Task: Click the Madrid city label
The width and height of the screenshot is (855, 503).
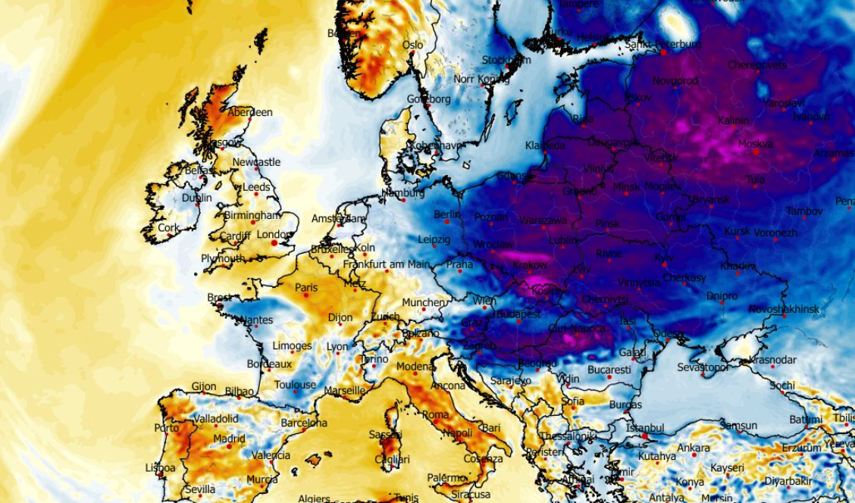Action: pos(229,439)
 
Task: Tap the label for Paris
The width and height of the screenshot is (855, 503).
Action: pos(306,288)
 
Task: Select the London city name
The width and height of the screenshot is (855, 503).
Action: pos(274,235)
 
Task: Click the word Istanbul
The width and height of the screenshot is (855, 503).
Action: pos(645,429)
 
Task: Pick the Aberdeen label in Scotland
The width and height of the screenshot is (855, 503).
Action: pos(250,112)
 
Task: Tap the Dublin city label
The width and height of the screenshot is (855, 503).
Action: pos(196,198)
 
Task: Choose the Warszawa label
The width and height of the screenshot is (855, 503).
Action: pos(543,220)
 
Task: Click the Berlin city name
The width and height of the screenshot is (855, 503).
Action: pos(447,214)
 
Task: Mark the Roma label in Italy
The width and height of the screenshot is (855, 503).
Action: pos(435,414)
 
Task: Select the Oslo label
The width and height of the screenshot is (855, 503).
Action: pos(413,45)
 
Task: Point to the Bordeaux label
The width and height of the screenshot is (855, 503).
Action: pos(269,364)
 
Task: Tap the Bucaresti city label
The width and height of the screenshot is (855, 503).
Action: pos(609,370)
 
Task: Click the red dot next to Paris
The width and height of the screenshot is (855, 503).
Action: pos(305,295)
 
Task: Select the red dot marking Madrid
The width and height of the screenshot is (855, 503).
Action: pos(229,446)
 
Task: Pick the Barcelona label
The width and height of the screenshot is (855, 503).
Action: pos(304,423)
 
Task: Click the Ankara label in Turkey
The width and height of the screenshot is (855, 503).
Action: pos(694,448)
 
